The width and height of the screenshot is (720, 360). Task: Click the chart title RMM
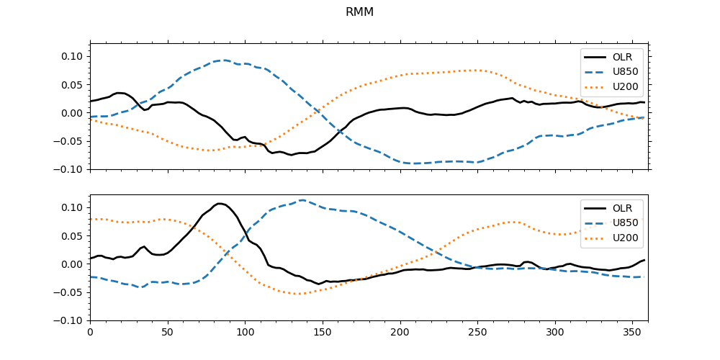point(359,12)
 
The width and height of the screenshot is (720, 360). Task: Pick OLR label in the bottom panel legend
point(622,209)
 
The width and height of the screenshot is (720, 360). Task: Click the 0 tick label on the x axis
point(90,333)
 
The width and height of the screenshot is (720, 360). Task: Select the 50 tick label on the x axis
point(168,333)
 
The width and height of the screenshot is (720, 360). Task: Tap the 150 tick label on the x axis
point(323,333)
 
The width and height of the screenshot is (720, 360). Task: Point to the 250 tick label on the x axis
point(477,333)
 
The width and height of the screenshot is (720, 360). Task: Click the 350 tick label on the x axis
point(632,333)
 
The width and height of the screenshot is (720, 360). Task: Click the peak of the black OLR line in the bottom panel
point(220,204)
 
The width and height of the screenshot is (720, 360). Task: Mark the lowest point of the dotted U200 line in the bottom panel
point(297,294)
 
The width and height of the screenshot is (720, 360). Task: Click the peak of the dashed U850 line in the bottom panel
point(302,200)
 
